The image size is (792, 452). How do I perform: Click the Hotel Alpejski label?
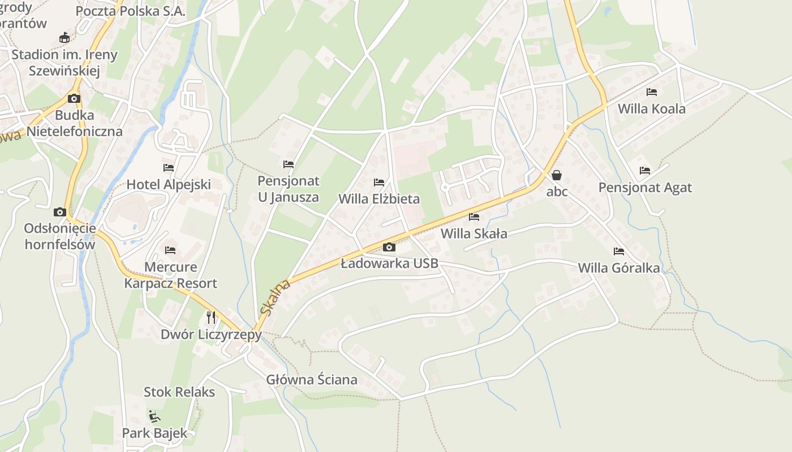point(169,184)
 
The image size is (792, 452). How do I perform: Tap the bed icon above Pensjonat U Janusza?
point(289,164)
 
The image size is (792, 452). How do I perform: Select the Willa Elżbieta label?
point(379,199)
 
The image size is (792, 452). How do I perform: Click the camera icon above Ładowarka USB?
point(389,247)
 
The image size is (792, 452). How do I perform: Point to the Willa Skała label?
point(474,233)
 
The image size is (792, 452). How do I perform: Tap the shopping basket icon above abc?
point(557,175)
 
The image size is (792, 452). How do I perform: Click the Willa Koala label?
point(652,108)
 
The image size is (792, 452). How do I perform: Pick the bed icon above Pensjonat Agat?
point(645,171)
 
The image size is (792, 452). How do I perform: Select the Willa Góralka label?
point(619,268)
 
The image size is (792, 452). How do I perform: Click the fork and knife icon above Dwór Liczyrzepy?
point(211,317)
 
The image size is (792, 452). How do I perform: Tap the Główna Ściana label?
point(312,380)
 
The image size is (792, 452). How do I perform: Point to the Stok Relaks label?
point(179,392)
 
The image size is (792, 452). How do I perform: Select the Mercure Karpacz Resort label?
point(170,275)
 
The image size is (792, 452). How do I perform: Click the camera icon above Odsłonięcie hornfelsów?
point(60,212)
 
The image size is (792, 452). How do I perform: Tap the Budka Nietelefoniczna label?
point(75,123)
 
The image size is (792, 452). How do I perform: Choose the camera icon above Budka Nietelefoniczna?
point(74,99)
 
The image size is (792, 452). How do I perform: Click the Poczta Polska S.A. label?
point(130,11)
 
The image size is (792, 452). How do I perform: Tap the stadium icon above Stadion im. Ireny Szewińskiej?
point(64,38)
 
